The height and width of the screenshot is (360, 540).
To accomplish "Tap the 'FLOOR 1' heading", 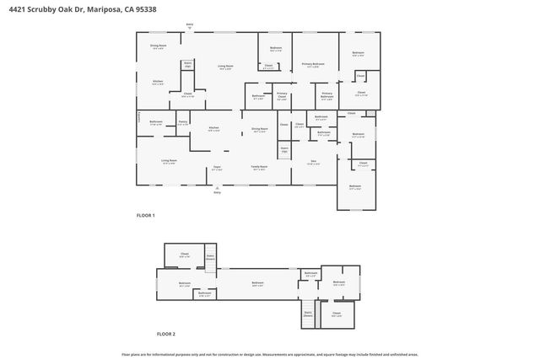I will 146,216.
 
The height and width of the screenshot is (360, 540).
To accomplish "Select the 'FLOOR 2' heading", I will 146,335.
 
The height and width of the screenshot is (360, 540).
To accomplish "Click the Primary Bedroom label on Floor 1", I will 313,64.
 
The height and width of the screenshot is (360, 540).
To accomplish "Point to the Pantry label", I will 183,123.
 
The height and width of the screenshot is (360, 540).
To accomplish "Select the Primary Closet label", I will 282,97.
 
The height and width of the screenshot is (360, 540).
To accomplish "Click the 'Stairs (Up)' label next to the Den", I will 284,150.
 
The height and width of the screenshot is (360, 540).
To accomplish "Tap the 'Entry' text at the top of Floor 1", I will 189,26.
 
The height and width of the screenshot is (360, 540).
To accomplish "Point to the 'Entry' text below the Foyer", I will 217,193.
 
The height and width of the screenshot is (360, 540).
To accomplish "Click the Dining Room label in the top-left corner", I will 158,46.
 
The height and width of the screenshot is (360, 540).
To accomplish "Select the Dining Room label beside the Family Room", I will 259,130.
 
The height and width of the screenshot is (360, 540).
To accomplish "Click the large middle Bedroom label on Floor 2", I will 258,283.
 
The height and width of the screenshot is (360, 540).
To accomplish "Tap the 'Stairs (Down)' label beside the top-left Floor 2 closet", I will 210,256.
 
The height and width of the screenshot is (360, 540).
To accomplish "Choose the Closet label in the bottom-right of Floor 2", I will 336,314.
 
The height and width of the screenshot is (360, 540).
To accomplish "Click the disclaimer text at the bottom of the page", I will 270,354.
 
